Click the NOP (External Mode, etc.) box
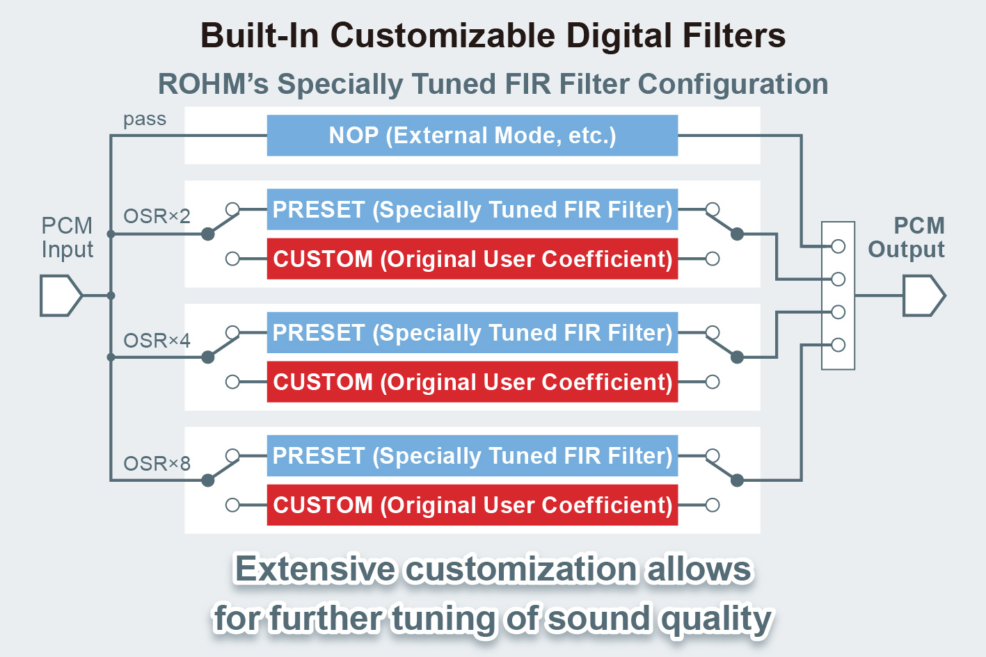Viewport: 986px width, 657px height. coord(472,136)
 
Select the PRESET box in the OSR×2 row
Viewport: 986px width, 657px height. coord(472,209)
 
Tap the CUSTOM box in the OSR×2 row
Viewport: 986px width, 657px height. coord(472,259)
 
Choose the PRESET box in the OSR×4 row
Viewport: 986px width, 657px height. coord(472,332)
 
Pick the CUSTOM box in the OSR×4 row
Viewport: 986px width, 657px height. coord(472,382)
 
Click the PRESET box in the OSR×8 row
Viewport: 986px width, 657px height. coord(472,455)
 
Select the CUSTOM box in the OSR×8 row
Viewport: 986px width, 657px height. coord(472,505)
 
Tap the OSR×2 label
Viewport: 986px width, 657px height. coord(157,216)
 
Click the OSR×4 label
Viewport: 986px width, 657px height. coord(157,341)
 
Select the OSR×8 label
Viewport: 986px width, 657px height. coord(157,464)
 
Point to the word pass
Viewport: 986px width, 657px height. coord(145,119)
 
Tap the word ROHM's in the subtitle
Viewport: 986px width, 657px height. coord(213,84)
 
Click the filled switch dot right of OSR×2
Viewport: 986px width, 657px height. coord(207,234)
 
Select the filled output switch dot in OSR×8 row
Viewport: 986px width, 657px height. coord(738,480)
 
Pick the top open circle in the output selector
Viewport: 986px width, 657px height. coord(838,246)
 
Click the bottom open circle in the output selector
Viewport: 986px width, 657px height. coord(838,345)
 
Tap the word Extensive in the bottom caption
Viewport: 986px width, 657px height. coord(315,569)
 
